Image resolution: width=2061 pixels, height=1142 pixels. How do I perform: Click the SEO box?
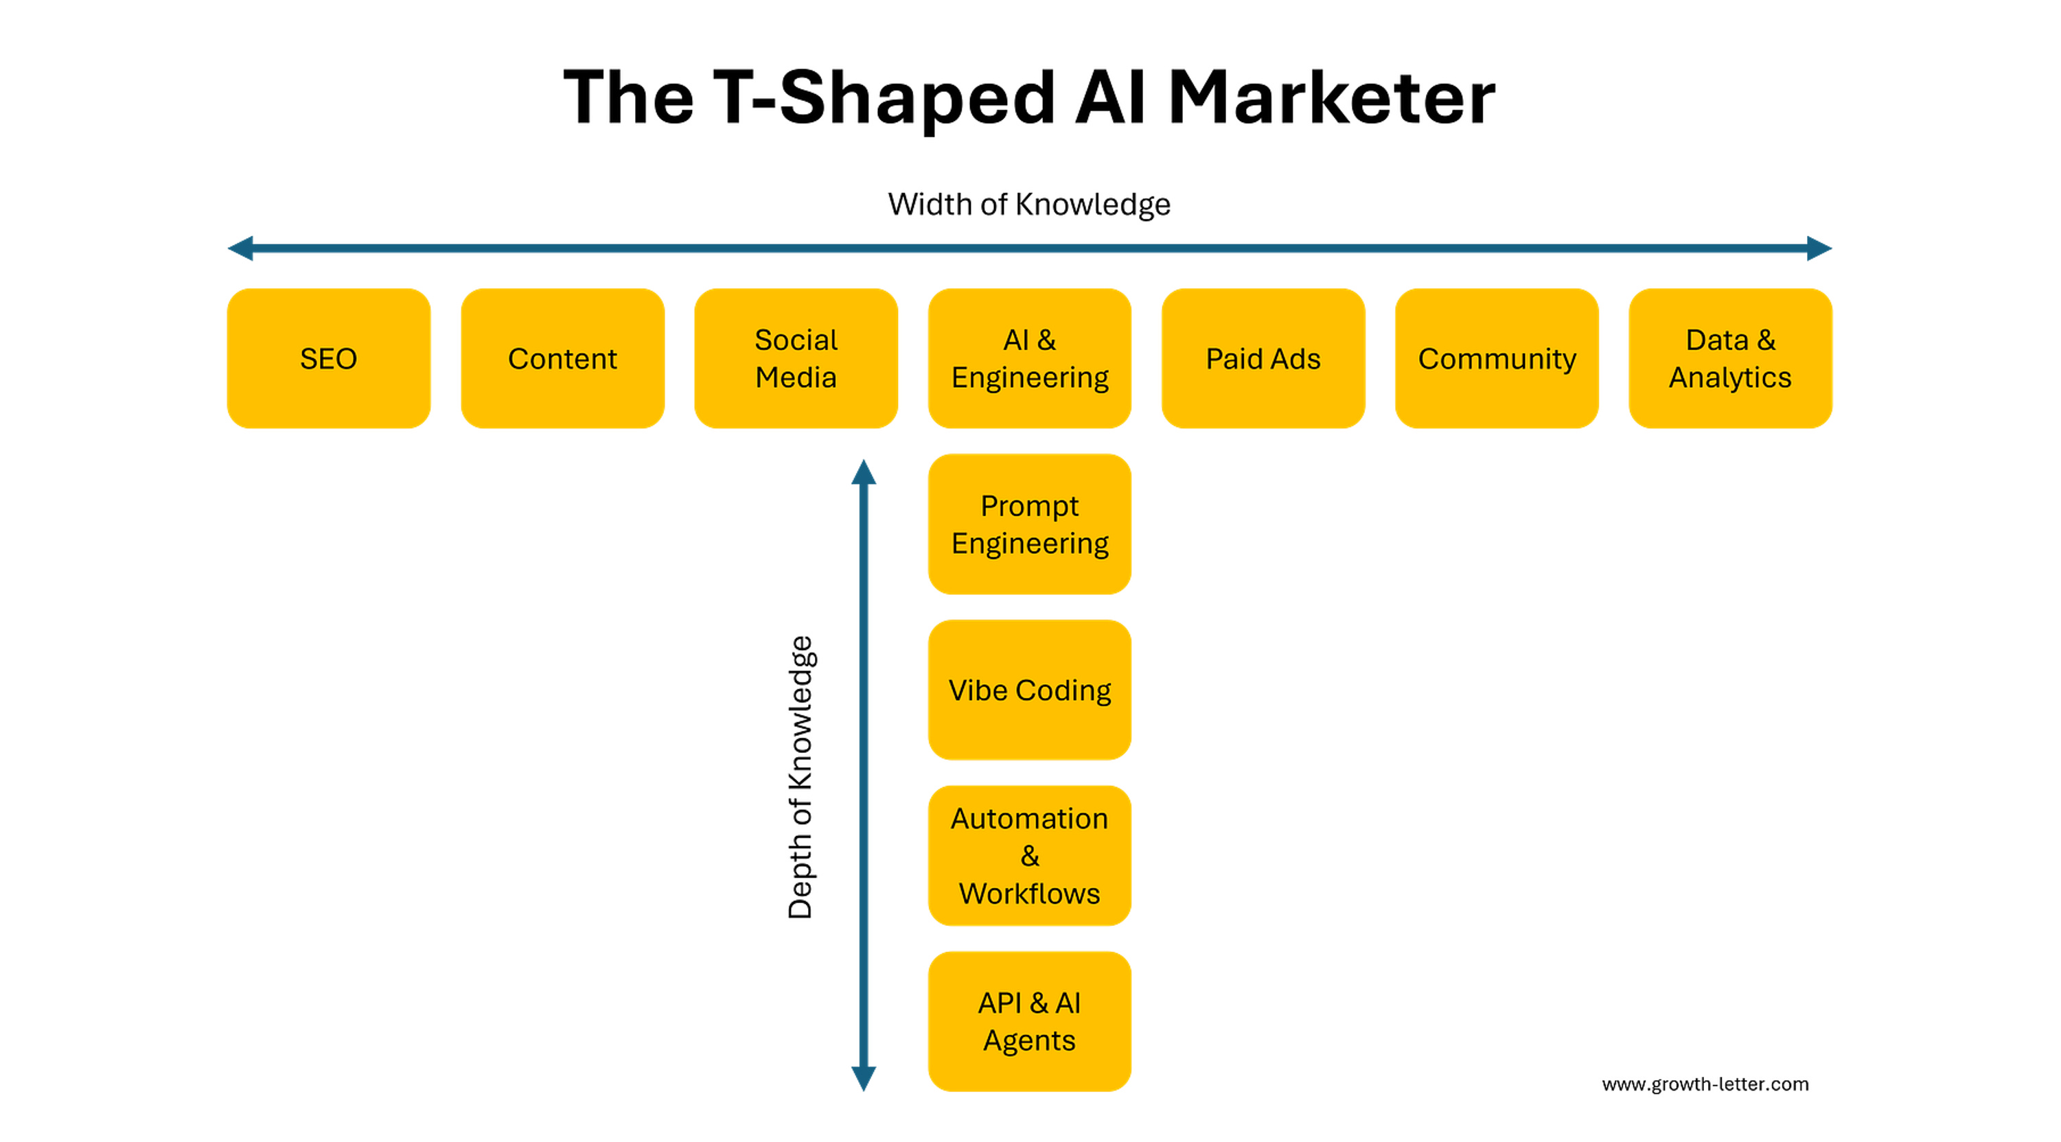click(x=328, y=358)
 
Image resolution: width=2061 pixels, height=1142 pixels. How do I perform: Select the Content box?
click(x=562, y=358)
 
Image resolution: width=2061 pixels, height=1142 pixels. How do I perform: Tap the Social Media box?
click(x=796, y=358)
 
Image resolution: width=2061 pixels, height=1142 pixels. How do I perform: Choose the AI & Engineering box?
click(x=1030, y=358)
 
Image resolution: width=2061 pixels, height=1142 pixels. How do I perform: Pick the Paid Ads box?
click(x=1263, y=358)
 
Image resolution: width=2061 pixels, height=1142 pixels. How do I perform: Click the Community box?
click(x=1497, y=358)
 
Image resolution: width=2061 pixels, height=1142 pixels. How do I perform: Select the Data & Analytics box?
click(x=1731, y=358)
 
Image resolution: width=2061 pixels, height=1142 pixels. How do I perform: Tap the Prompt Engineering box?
click(x=1030, y=524)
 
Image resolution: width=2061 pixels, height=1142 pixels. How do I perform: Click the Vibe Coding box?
click(x=1030, y=690)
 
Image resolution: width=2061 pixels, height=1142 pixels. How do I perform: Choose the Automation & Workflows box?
click(x=1030, y=856)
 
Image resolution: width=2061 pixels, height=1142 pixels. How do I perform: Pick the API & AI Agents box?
click(x=1030, y=1021)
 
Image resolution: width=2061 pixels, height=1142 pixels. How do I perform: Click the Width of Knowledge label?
click(x=1029, y=205)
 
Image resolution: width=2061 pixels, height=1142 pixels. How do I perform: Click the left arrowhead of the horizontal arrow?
click(x=241, y=248)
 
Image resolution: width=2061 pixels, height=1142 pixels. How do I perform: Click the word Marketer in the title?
click(x=1331, y=97)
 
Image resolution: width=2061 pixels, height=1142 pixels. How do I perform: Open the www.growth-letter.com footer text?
click(x=1705, y=1084)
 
